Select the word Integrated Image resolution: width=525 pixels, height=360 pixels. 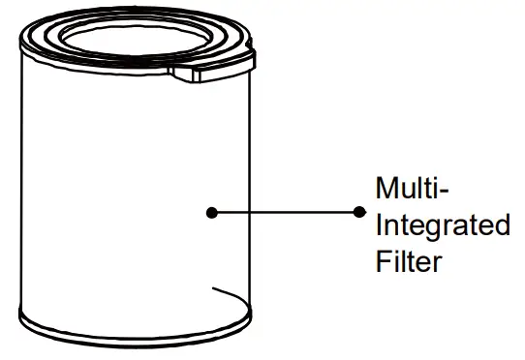point(442,225)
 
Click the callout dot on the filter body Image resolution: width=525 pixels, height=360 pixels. point(210,211)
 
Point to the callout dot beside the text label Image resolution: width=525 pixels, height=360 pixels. point(359,211)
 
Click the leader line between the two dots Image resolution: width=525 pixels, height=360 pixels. point(285,211)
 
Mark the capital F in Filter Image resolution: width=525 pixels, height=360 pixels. point(383,261)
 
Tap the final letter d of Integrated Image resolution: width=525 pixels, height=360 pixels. point(501,225)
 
